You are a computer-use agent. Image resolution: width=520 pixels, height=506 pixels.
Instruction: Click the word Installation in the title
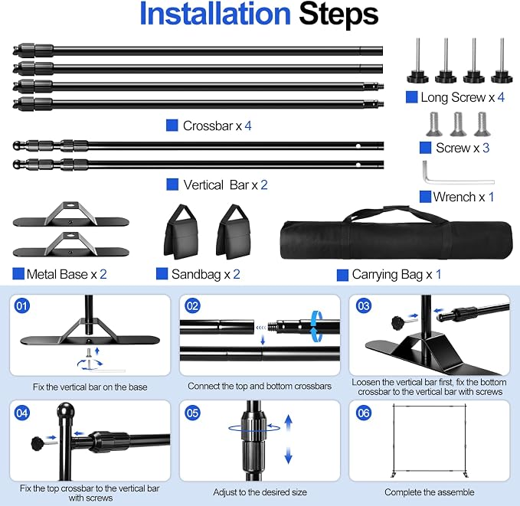[215, 14]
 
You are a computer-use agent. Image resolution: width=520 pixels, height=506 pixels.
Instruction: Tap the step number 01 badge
[22, 305]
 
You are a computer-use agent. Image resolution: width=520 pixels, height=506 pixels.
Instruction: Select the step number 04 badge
[22, 413]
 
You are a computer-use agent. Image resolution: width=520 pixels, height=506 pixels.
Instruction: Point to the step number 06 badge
[364, 413]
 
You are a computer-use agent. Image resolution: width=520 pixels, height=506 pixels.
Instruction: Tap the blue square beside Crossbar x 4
[172, 126]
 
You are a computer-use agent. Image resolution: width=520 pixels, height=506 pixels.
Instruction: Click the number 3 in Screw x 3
[486, 148]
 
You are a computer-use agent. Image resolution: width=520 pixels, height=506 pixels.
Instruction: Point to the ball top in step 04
[66, 412]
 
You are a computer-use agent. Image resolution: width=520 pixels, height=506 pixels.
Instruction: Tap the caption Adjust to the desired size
[260, 492]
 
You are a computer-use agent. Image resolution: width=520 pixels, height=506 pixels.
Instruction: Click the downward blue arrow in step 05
[289, 455]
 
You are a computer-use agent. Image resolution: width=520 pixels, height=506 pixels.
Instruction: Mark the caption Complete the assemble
[430, 492]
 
